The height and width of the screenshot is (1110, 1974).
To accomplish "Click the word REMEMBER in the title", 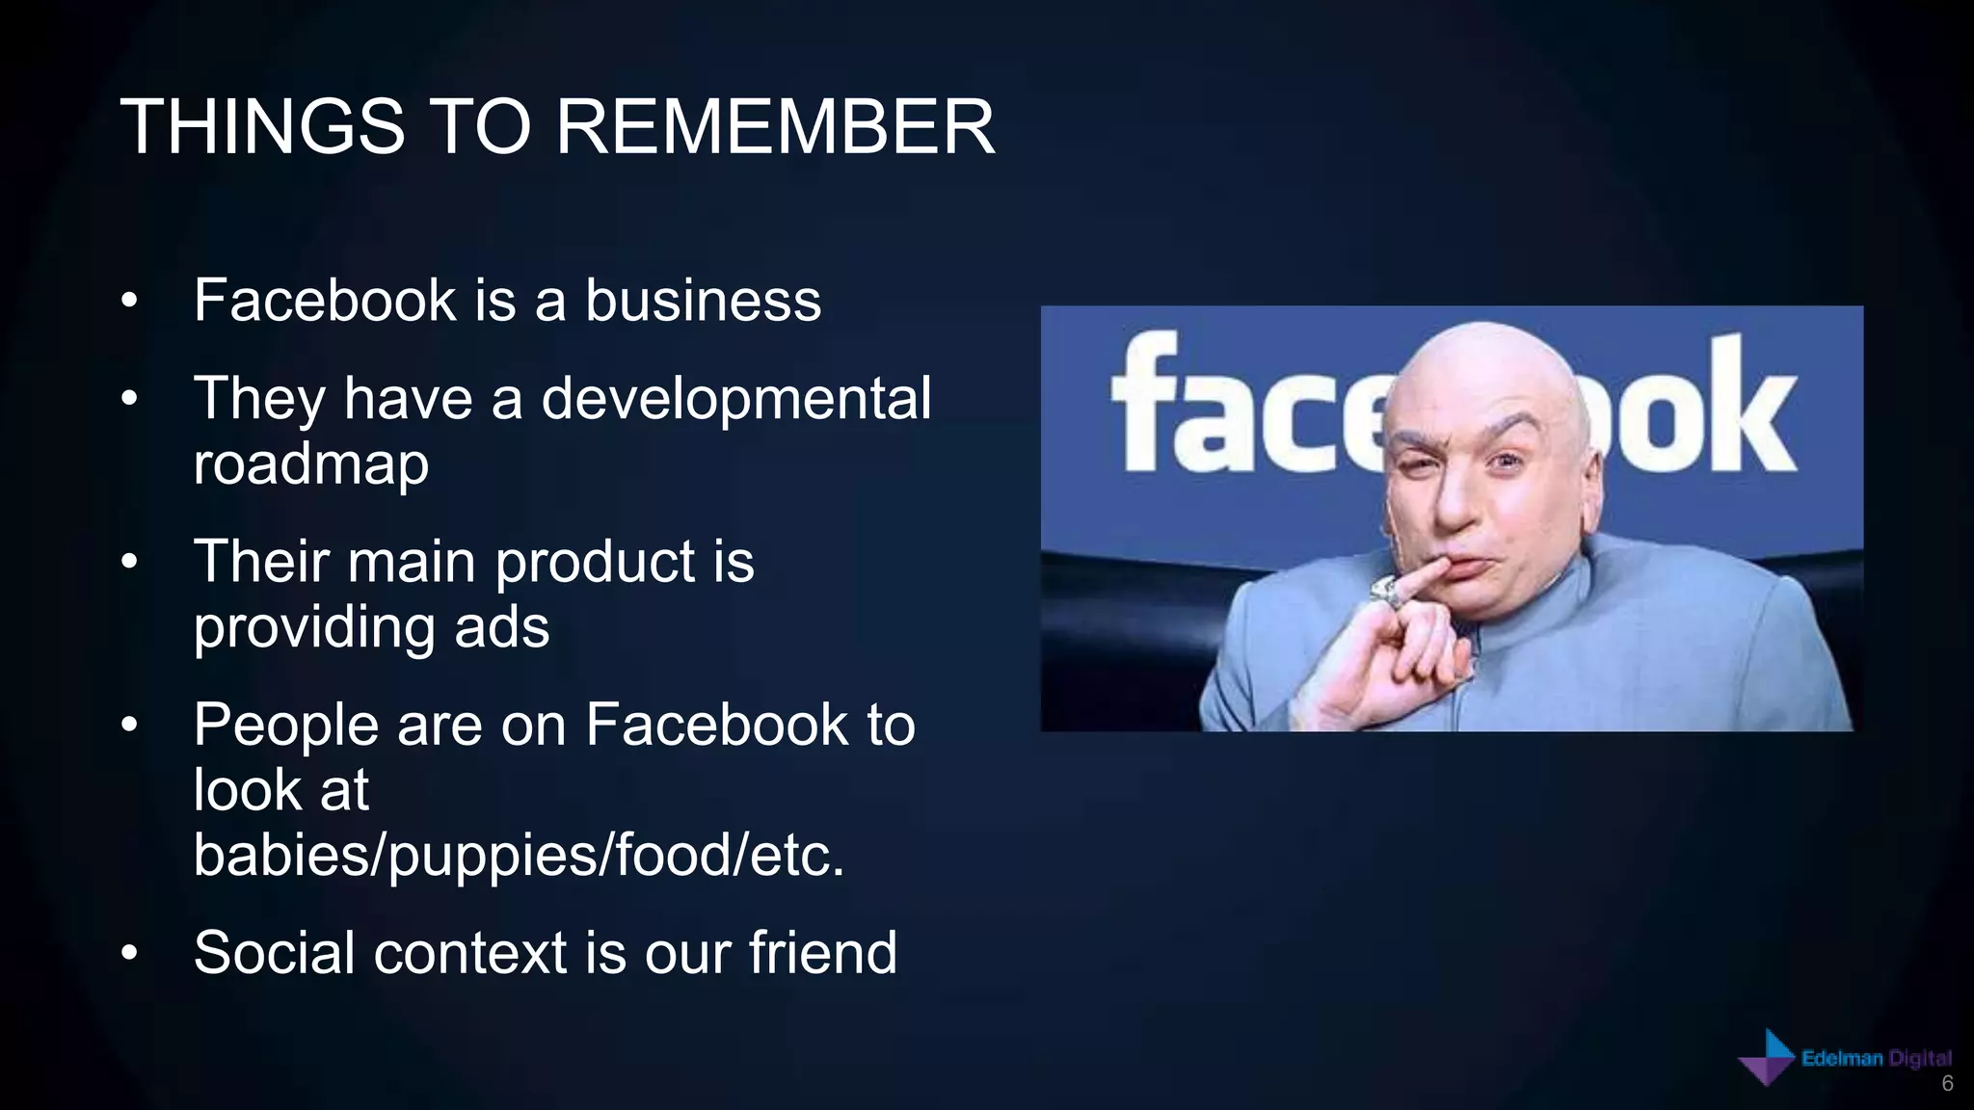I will [775, 127].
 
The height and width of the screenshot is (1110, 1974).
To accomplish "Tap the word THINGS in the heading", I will [262, 127].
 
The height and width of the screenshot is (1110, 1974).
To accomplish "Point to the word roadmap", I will [310, 464].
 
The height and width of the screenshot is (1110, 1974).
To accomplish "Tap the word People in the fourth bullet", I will [285, 725].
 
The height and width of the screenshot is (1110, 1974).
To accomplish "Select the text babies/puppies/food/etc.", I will [519, 856].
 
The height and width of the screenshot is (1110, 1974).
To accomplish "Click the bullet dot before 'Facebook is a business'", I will [130, 302].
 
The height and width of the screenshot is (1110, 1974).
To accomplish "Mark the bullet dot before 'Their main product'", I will [130, 563].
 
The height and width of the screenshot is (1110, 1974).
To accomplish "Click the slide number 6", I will [1947, 1084].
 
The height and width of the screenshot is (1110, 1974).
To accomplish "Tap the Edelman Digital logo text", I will [1876, 1059].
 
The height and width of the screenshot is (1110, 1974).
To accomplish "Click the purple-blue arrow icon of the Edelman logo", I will [1767, 1059].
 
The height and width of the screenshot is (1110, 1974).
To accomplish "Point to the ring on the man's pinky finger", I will [1386, 591].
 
